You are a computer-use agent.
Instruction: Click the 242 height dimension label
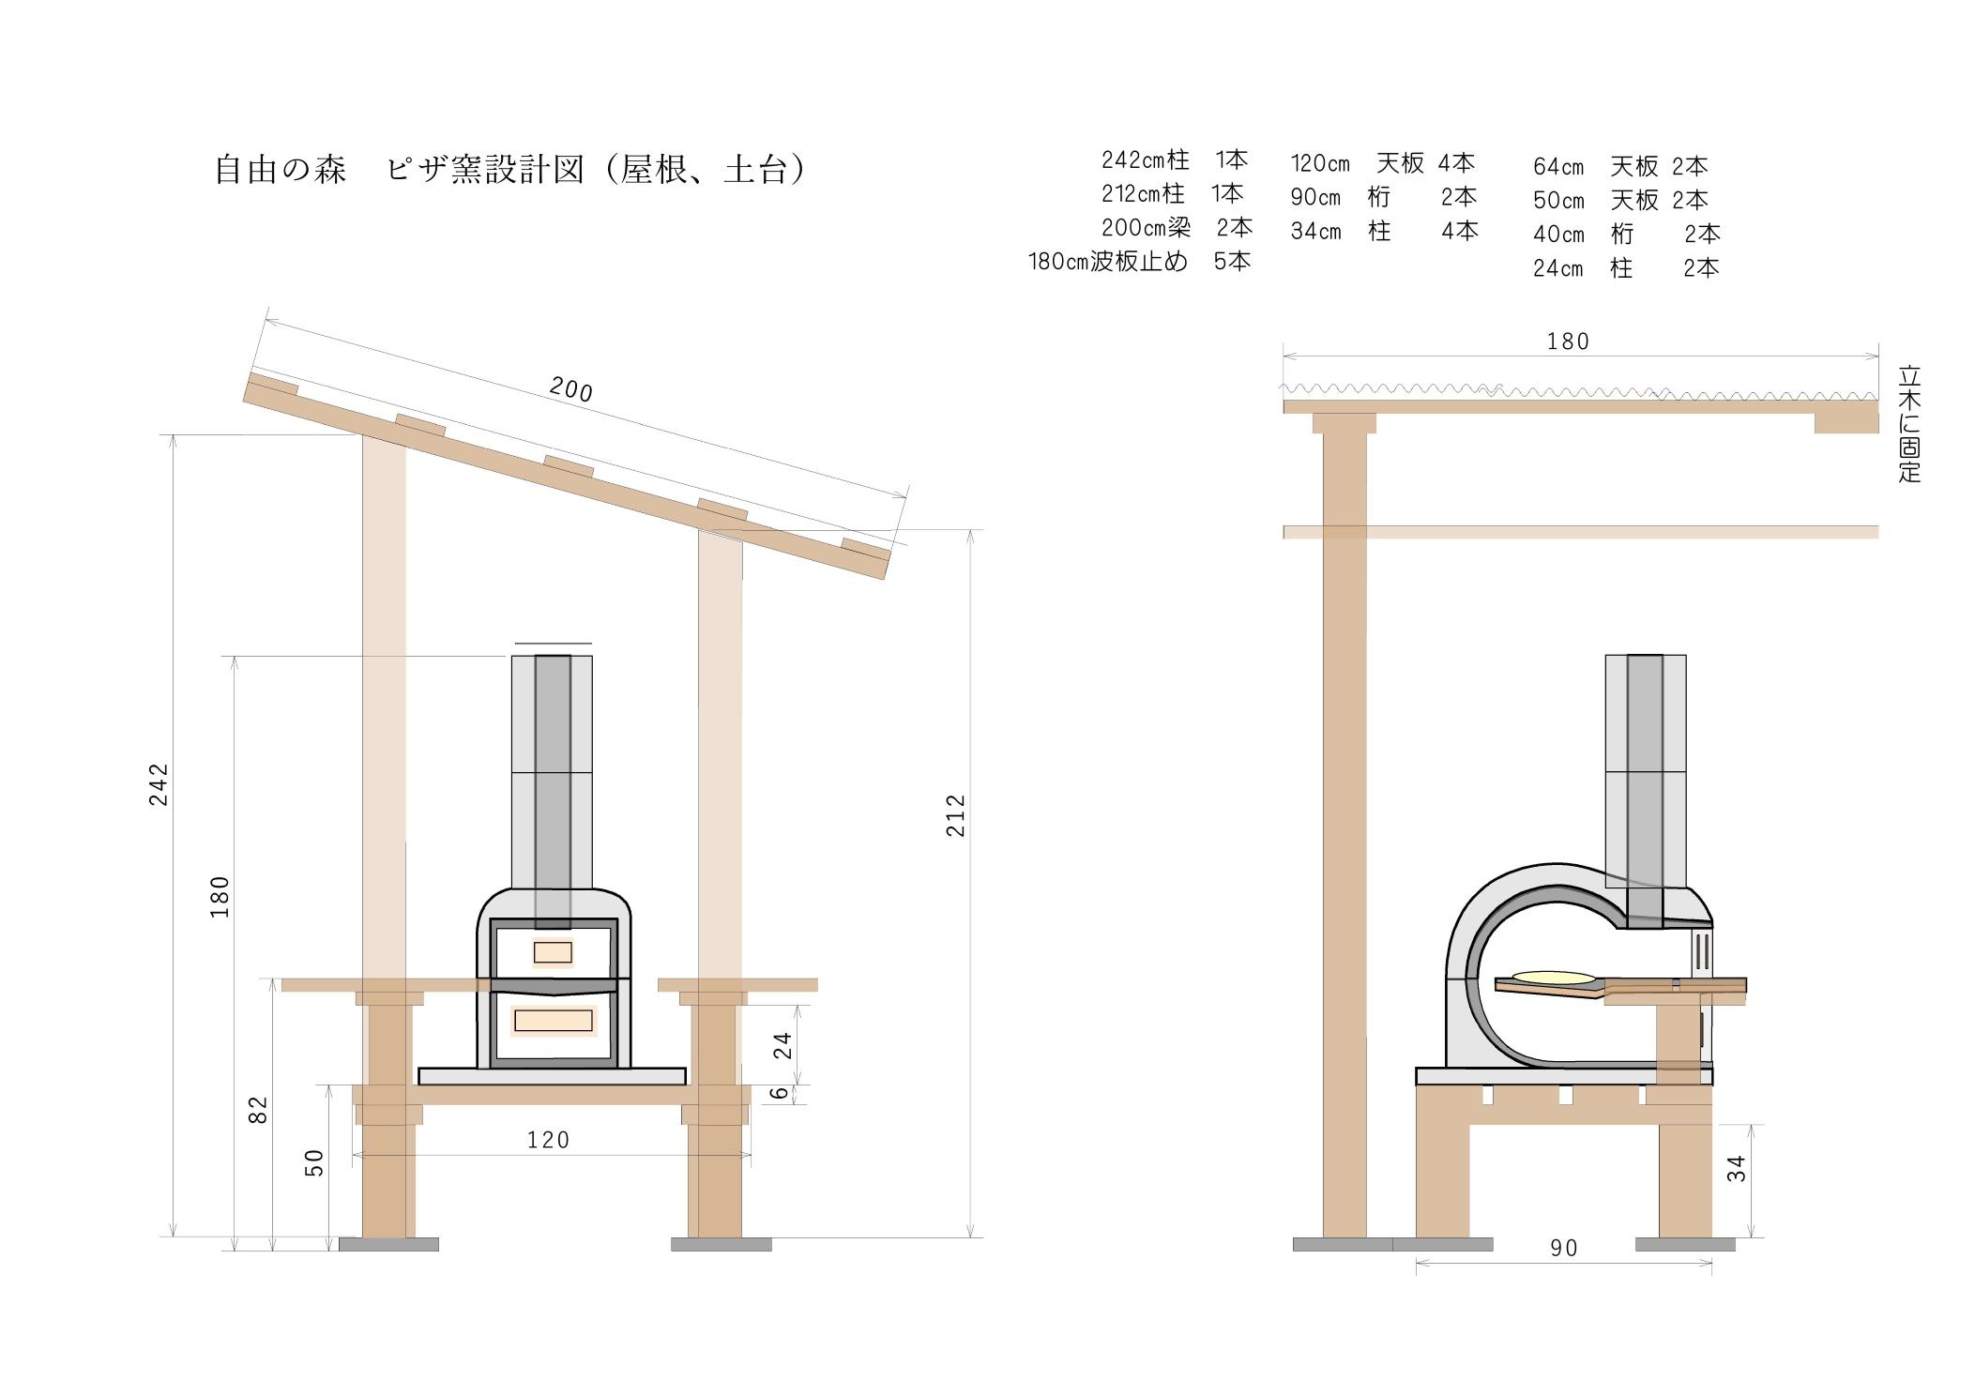point(159,784)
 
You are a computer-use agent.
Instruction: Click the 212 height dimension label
point(955,815)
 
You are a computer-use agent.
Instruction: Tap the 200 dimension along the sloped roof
point(570,388)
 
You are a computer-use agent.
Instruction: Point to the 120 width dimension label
point(548,1140)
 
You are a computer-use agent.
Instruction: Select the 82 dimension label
point(258,1110)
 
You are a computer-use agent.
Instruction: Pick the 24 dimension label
point(782,1045)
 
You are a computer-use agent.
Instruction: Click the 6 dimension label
point(779,1093)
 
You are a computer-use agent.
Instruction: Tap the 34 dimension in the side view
point(1737,1168)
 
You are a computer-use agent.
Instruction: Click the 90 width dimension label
point(1564,1249)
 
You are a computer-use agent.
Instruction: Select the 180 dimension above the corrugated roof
point(1568,341)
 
